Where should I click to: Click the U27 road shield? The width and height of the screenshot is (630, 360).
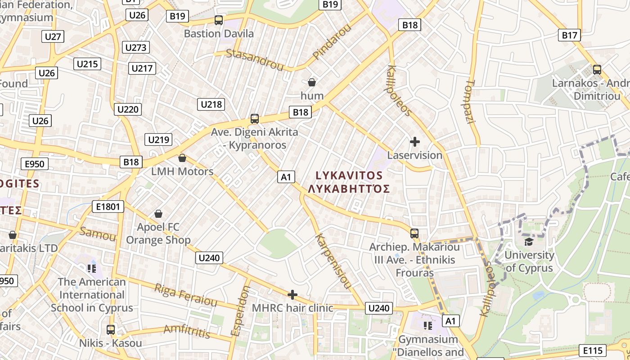pos(53,36)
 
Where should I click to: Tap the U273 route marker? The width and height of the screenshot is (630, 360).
pos(135,48)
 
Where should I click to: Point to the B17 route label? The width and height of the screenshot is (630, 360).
pos(569,35)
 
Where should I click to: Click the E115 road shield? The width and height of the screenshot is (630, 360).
pos(592,350)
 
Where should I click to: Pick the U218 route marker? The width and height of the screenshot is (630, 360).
pos(211,104)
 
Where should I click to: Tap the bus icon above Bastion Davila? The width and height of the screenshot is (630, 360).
pos(219,20)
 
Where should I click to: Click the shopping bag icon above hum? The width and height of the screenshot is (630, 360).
pos(311,82)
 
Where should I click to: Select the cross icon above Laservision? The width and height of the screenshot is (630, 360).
pos(414,142)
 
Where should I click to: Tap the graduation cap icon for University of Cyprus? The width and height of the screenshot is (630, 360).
pos(529,242)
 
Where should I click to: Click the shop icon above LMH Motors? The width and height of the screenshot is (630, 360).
pos(182,158)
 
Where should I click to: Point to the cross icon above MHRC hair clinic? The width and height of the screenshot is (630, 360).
pos(292,295)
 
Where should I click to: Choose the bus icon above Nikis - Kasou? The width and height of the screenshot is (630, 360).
pos(111,329)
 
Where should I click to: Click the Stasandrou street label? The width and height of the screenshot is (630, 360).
pos(255,60)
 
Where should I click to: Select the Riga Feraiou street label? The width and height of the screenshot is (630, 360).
pos(185,295)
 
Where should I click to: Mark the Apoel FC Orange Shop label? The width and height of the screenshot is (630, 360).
pos(158,234)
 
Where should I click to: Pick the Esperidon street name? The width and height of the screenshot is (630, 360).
pos(240,310)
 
